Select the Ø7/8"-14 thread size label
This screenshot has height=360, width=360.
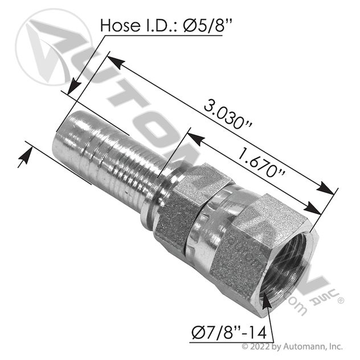tap(229, 333)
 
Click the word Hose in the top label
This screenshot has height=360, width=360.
tap(120, 25)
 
